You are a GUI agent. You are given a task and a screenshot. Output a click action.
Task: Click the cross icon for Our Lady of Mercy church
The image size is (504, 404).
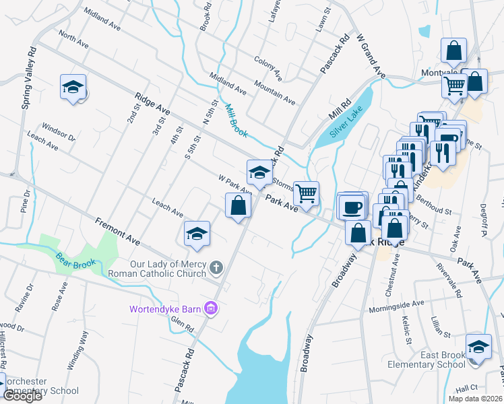click(216, 268)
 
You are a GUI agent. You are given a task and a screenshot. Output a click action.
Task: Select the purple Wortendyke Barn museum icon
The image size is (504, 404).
click(212, 309)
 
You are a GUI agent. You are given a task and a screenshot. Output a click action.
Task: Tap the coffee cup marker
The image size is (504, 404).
click(352, 207)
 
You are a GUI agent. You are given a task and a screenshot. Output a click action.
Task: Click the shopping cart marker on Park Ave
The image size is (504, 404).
click(307, 195)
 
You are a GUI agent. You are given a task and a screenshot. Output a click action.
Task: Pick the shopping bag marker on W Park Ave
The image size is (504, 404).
click(238, 205)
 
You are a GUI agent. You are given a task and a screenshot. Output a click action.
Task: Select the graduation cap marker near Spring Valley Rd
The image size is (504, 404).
click(73, 88)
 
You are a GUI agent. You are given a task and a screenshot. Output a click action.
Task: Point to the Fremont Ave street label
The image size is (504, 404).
click(117, 231)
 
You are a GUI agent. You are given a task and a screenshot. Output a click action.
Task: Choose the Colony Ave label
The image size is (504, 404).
click(267, 65)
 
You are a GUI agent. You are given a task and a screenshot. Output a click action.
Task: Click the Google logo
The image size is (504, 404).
click(22, 396)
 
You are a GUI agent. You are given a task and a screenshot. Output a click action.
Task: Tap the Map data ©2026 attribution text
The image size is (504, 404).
click(475, 399)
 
